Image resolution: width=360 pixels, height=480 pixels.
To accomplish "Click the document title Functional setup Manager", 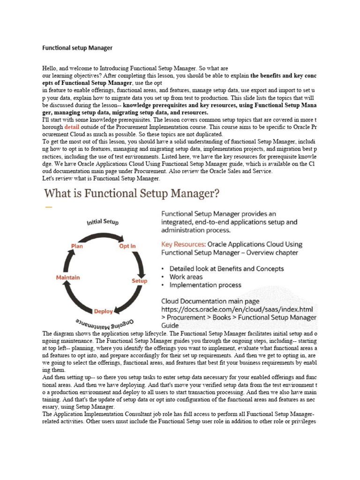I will point(77,48).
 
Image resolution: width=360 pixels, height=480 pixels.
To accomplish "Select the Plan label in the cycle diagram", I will point(76,246).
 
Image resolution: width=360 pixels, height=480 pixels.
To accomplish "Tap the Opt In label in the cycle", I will point(127,246).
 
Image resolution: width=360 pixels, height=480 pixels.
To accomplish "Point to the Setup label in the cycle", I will point(139,281).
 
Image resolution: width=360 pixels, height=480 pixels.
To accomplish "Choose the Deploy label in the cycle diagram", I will point(103,311).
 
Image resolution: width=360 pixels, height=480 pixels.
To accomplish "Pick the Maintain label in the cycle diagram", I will point(67,277).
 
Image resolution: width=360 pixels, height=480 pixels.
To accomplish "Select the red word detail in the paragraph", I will point(72,127).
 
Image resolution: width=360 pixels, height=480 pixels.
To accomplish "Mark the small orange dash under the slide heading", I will point(48,207).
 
